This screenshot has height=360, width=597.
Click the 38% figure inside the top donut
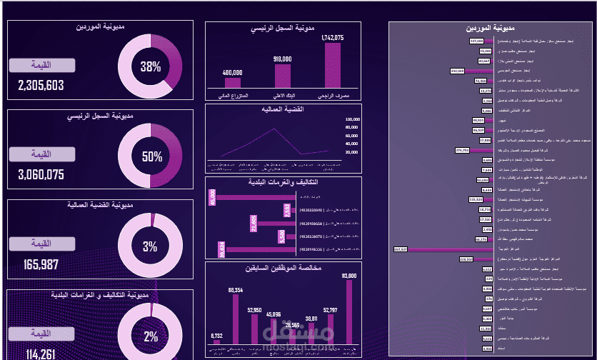click(151, 67)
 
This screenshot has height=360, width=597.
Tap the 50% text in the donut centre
click(151, 157)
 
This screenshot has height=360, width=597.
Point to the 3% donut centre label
click(150, 247)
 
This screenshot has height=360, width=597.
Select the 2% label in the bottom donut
click(151, 336)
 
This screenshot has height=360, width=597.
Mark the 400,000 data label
click(232, 72)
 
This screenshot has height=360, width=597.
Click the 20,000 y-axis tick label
click(351, 152)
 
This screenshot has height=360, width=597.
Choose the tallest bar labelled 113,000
click(349, 312)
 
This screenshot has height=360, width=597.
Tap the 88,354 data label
click(235, 290)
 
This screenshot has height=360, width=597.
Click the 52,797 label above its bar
click(330, 310)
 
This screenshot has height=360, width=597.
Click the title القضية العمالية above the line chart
click(284, 109)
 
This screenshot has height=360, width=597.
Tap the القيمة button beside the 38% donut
click(42, 66)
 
